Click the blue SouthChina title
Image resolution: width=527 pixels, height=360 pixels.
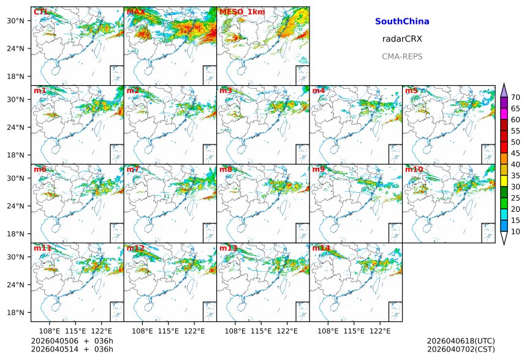(x=402, y=21)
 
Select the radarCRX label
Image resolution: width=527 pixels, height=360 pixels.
(x=402, y=39)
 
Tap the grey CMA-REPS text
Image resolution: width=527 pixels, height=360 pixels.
(x=402, y=56)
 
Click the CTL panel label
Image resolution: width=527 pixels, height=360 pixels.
(x=40, y=12)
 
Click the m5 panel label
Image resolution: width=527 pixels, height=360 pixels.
(x=412, y=91)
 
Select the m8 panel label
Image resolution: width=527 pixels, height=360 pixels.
(x=226, y=169)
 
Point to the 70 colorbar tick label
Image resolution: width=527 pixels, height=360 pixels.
(x=515, y=97)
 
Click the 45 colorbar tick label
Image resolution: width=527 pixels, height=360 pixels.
(x=515, y=153)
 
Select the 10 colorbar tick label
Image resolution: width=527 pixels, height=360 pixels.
(x=515, y=231)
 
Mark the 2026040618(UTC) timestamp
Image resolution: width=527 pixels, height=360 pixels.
(x=461, y=340)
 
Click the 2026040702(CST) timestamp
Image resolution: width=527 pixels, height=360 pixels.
(x=461, y=349)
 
